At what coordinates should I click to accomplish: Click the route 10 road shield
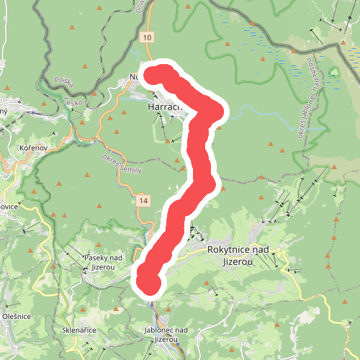coord(147,37)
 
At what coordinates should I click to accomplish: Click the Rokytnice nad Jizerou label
coord(238,254)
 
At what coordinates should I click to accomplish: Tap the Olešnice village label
coord(17,315)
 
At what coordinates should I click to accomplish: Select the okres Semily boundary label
coord(122,165)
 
